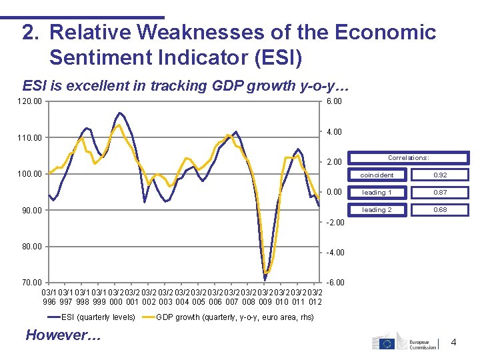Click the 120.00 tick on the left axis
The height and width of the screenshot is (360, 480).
(x=32, y=101)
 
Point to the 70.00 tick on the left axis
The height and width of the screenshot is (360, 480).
(x=31, y=283)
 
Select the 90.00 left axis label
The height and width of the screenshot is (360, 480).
(x=31, y=211)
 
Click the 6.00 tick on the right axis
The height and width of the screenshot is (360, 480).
(x=333, y=101)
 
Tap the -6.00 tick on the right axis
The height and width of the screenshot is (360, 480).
(x=333, y=283)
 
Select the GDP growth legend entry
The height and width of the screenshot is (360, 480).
(x=234, y=317)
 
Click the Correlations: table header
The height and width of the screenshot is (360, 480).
(x=408, y=158)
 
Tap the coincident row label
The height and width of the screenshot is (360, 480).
(x=377, y=175)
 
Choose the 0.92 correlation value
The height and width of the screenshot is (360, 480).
(x=440, y=175)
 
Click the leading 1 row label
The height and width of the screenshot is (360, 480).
(x=377, y=192)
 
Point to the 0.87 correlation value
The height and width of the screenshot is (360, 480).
(x=440, y=192)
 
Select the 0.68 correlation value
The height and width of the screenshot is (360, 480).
(x=440, y=209)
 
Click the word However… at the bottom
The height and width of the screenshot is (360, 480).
(x=63, y=335)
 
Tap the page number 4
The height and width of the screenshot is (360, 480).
(x=454, y=343)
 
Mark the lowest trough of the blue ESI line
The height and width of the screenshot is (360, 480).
(x=265, y=279)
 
